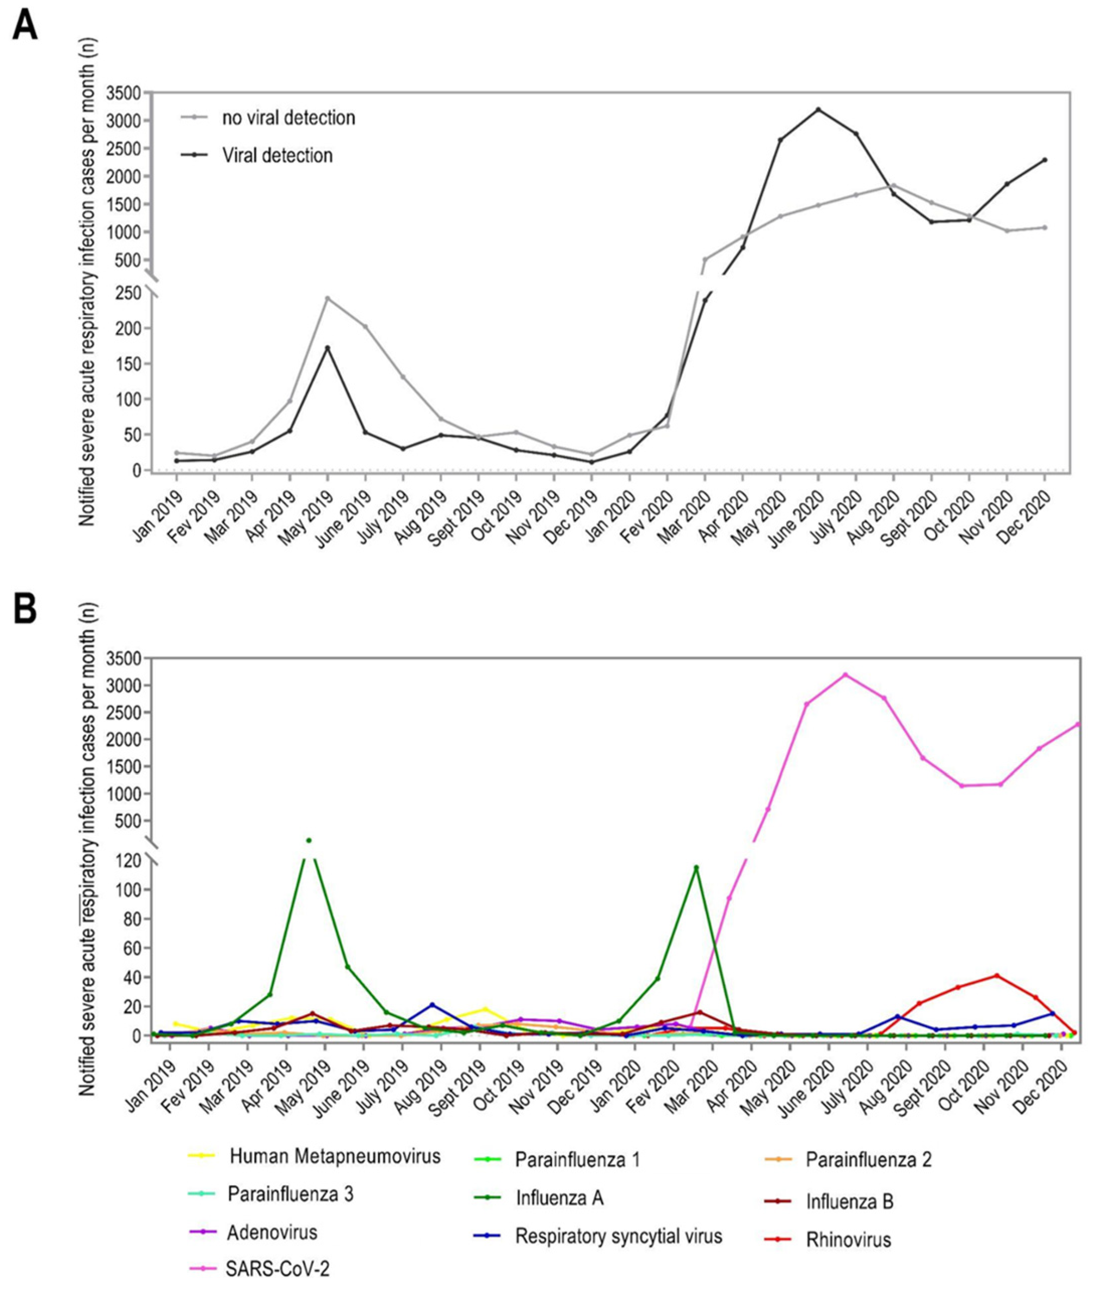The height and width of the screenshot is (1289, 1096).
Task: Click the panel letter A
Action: click(x=25, y=26)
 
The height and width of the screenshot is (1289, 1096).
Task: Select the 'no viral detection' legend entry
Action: click(x=288, y=117)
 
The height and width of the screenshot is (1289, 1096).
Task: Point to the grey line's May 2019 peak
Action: click(x=327, y=298)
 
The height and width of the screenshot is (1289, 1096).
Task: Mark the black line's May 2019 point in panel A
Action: click(x=327, y=347)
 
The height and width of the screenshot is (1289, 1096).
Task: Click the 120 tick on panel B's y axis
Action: click(x=128, y=861)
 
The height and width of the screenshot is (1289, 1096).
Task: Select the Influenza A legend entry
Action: click(x=559, y=1198)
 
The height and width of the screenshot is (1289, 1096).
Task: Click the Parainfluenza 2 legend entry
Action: click(x=868, y=1159)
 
